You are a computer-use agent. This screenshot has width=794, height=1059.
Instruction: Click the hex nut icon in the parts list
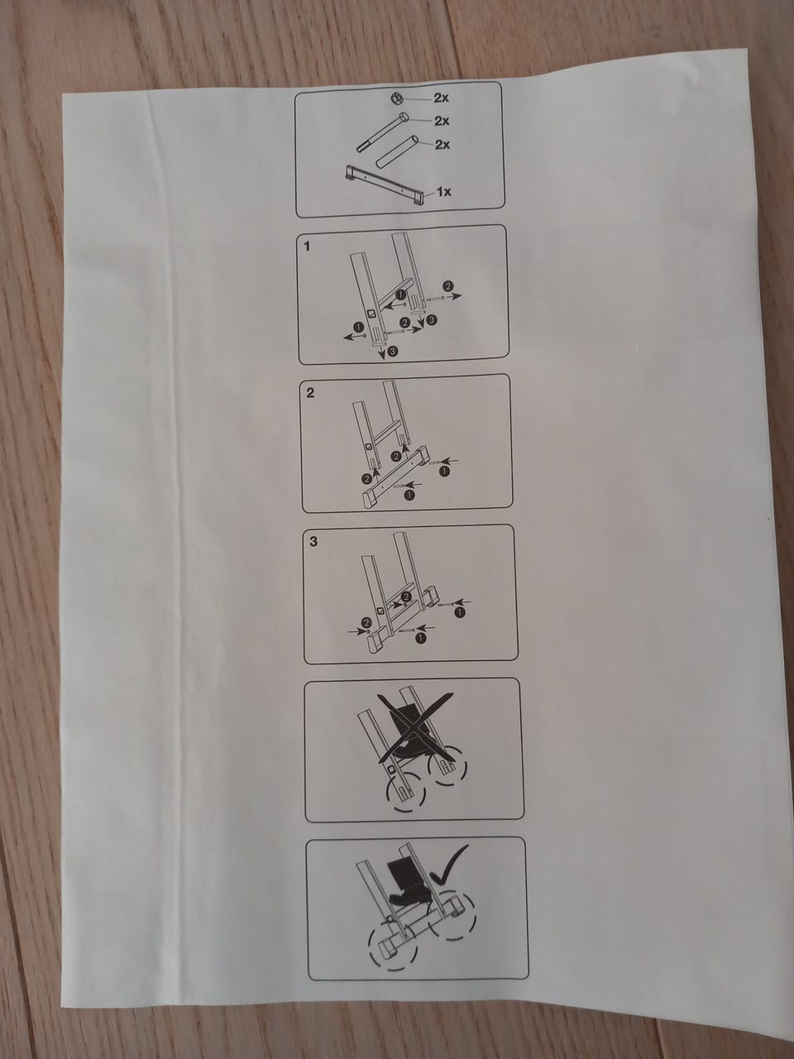pos(397,99)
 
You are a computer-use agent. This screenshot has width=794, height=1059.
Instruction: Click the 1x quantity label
pos(443,192)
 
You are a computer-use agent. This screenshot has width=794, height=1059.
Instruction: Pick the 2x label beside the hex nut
pos(441,98)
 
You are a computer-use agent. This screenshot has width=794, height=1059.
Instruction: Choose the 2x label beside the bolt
pos(441,121)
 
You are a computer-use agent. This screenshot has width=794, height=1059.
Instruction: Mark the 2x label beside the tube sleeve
pos(442,144)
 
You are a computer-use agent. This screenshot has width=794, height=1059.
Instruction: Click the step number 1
pos(308,247)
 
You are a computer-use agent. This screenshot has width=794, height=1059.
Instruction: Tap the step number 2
pos(310,393)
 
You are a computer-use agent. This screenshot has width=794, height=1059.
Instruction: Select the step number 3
pos(313,541)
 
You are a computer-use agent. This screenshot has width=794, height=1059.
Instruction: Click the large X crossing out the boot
pos(415,726)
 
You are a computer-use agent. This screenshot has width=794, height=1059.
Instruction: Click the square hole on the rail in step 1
pos(371,314)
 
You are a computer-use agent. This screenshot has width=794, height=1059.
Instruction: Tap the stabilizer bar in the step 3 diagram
pos(403,619)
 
